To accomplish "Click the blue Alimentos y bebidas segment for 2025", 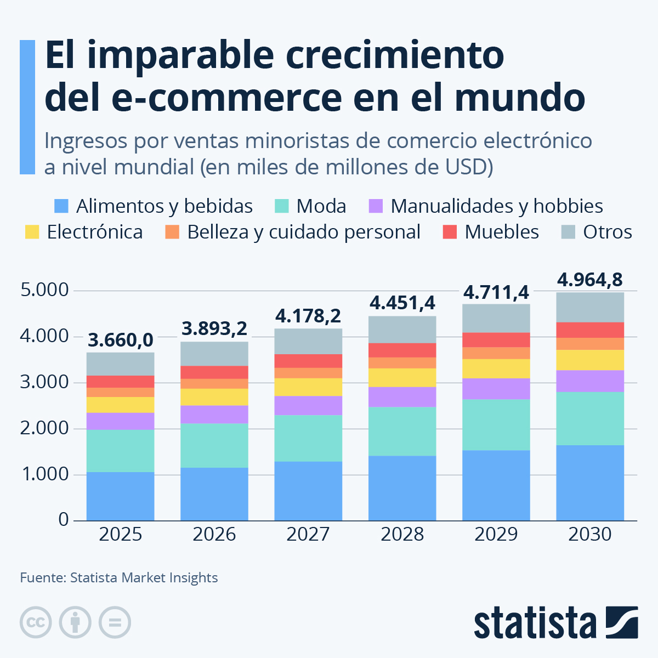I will coord(120,496).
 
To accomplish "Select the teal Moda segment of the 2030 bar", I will coord(590,418).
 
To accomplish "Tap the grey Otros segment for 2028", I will coord(402,330).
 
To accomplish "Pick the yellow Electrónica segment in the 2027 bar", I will coord(308,387).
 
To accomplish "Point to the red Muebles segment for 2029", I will coord(496,340).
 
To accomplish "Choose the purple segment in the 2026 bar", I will coord(214,415).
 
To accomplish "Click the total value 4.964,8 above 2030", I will coord(590,280).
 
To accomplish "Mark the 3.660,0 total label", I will coord(121,341).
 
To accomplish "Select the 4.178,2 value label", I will coord(308,316).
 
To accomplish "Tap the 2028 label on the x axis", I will coord(402,534).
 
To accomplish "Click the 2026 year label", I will coord(214,534).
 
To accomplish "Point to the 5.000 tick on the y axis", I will coord(45,290).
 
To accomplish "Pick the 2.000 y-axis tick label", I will coord(45,428).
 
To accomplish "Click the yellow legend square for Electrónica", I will coord(32,232).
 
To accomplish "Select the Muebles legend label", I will coord(502,232).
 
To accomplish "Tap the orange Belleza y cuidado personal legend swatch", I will coord(172,232).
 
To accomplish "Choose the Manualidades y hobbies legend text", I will coord(497,206).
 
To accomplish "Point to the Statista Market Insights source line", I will coord(119,578).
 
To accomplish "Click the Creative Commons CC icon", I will coord(36,623).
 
